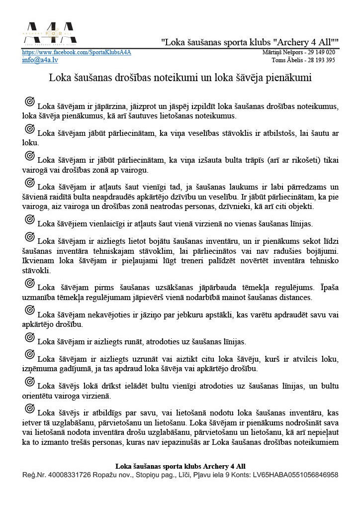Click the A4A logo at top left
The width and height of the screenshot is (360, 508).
[x=49, y=33]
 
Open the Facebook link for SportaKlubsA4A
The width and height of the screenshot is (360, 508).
[x=77, y=52]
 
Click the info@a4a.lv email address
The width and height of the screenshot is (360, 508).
[x=40, y=60]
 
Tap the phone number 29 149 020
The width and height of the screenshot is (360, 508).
[x=321, y=52]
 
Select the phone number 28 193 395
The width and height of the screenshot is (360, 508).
[x=322, y=60]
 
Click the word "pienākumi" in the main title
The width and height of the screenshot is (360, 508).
[x=290, y=78]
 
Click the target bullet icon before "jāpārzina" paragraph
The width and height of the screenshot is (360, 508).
[x=30, y=102]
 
